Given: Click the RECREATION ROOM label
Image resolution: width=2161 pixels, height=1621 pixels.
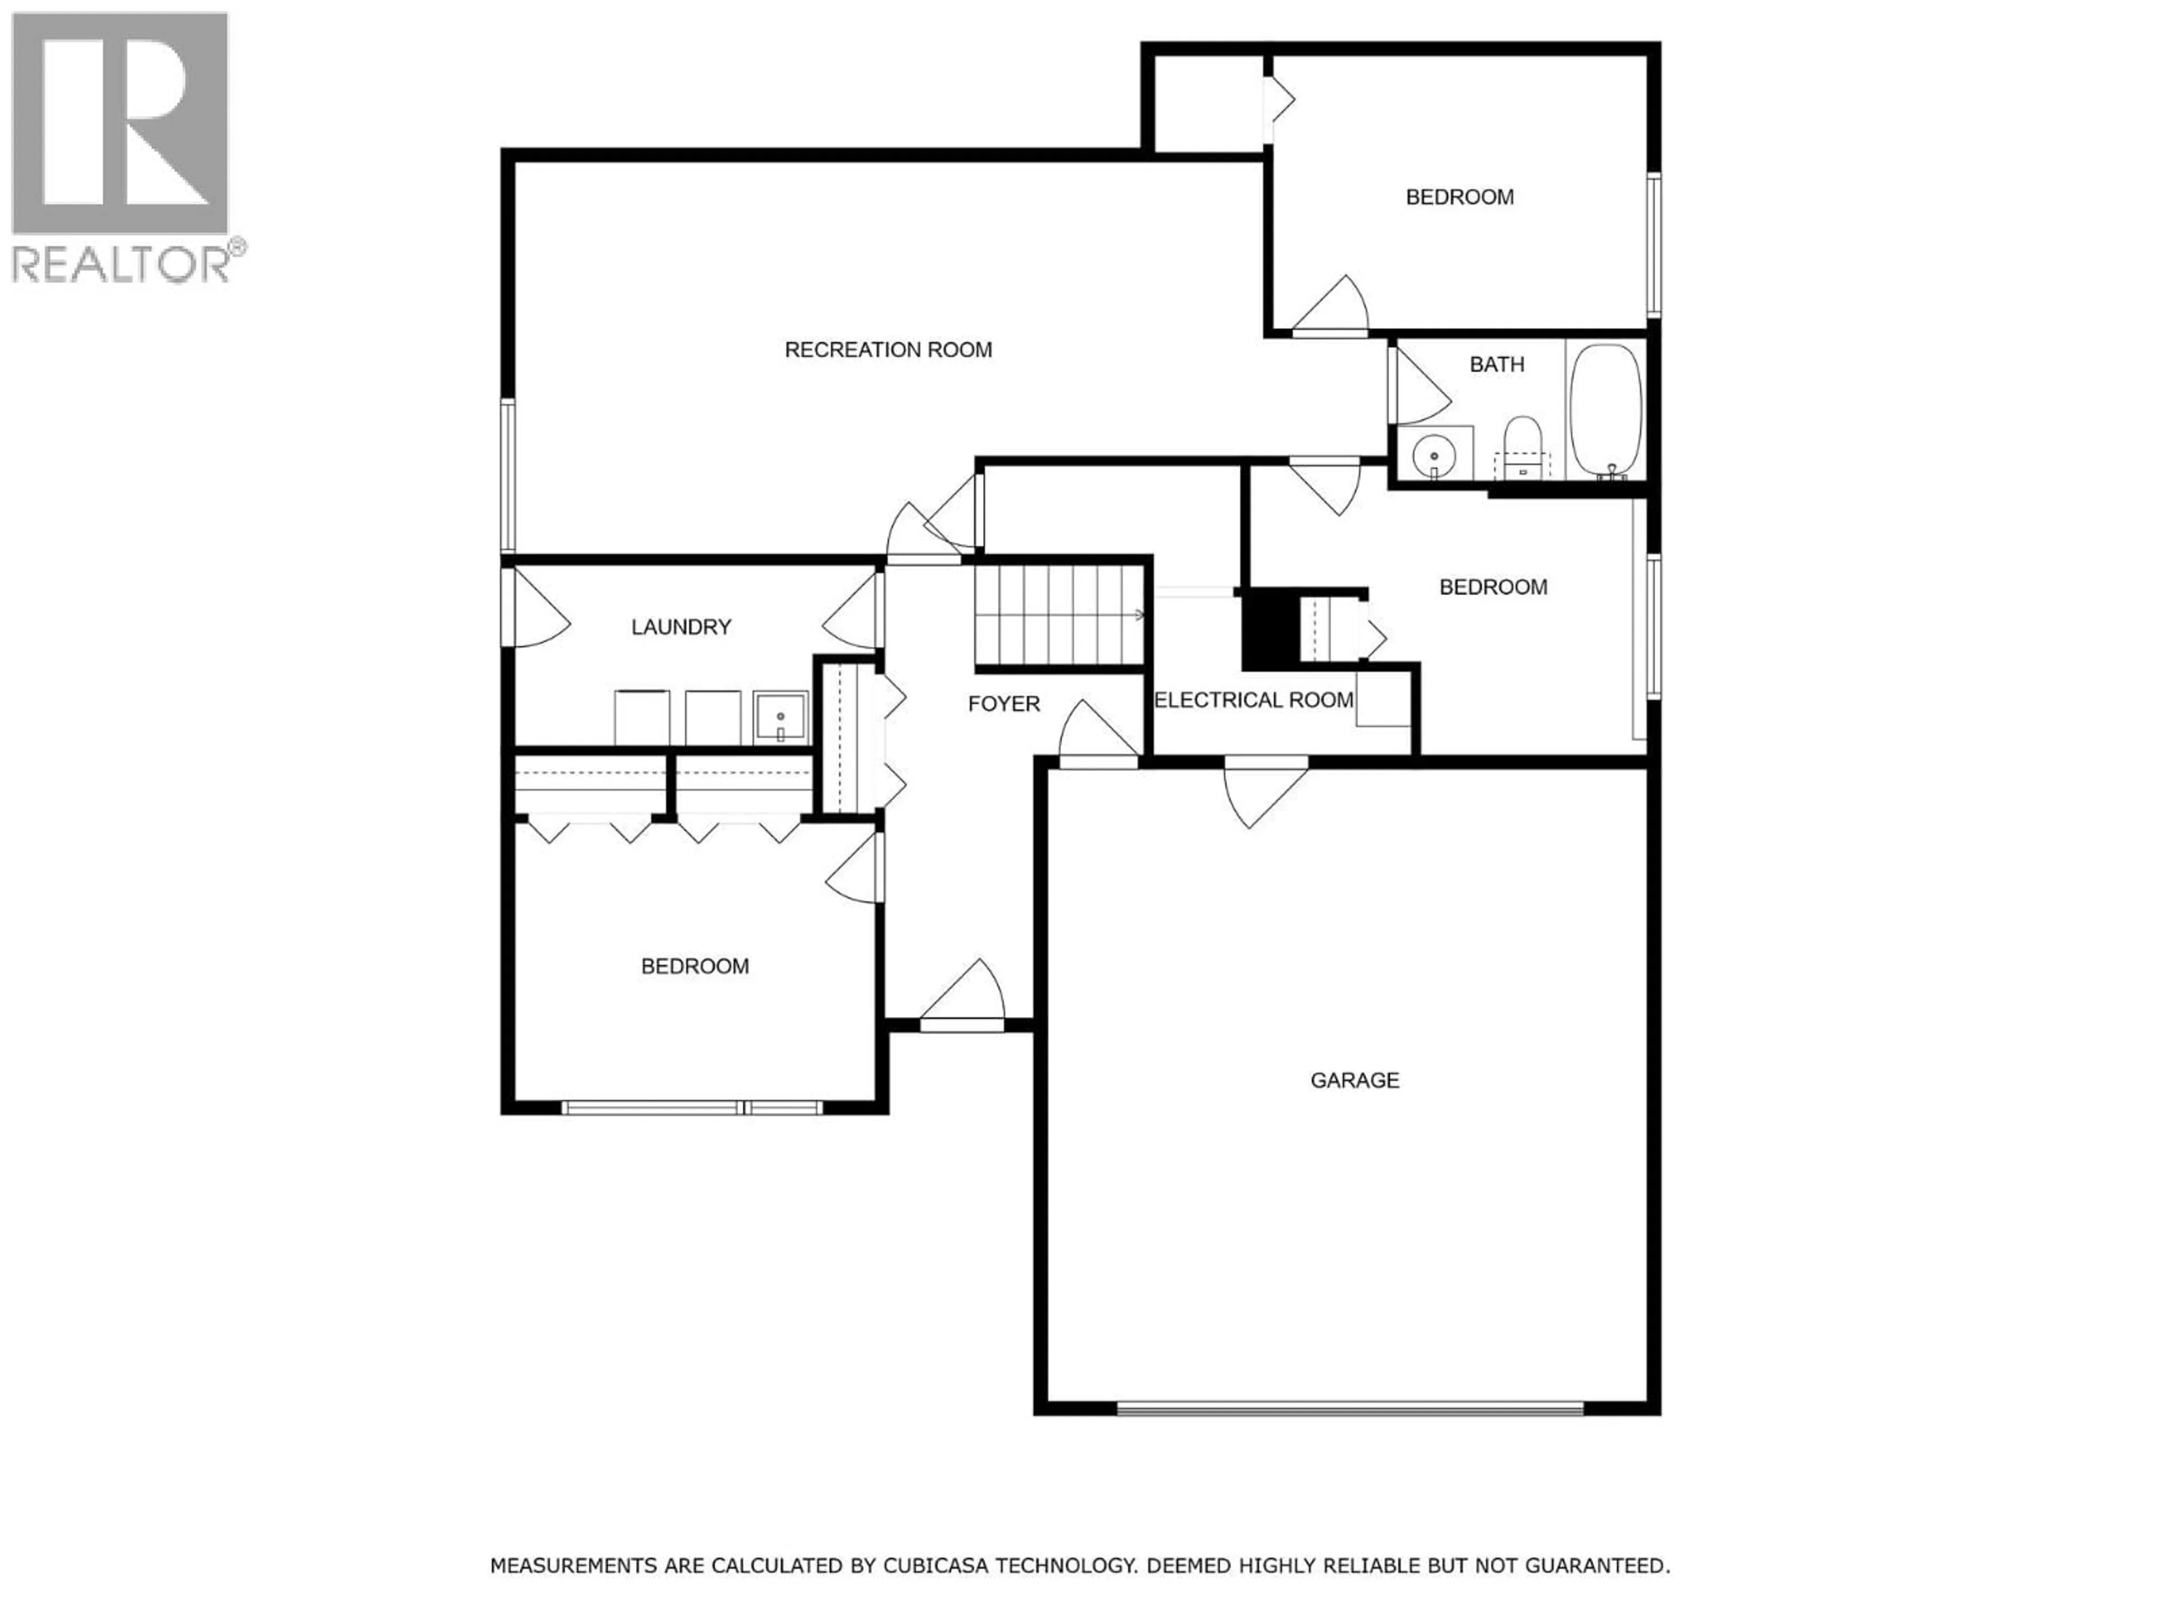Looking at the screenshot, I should tap(888, 350).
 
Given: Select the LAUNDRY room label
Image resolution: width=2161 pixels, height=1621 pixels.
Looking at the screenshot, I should tap(681, 628).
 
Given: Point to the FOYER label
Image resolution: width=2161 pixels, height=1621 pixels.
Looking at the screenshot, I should tap(1003, 704).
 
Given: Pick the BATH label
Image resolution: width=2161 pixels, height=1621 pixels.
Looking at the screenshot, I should tap(1497, 365).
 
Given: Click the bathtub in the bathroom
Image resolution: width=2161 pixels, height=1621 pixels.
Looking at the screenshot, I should tap(1605, 410).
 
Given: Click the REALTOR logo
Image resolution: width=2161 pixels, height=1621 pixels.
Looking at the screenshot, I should tap(121, 146).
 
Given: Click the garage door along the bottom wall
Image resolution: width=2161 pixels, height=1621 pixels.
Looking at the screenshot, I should tap(1350, 1408).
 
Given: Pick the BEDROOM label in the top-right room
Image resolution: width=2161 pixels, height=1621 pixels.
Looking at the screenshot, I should tap(1460, 198).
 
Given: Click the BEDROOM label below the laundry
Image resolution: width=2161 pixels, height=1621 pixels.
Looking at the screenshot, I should tap(694, 966).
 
